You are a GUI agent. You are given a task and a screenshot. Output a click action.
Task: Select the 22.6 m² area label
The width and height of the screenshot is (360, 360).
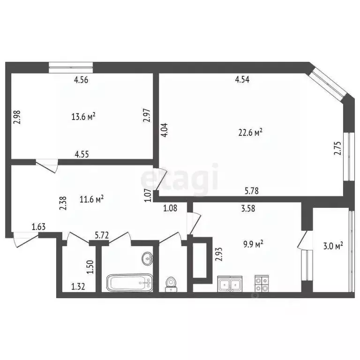[250, 132]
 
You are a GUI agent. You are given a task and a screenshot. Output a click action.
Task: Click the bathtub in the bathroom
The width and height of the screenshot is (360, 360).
[129, 283]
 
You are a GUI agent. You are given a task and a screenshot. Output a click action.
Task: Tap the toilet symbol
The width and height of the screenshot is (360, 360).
[171, 284]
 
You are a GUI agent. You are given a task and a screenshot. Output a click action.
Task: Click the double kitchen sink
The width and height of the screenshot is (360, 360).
[230, 284]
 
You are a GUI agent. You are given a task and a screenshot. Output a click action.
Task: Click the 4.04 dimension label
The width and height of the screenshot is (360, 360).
[164, 130]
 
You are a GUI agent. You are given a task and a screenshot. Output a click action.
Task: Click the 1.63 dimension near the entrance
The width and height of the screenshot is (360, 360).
[39, 227]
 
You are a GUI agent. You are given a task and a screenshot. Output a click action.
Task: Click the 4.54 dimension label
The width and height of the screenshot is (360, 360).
[242, 79]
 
